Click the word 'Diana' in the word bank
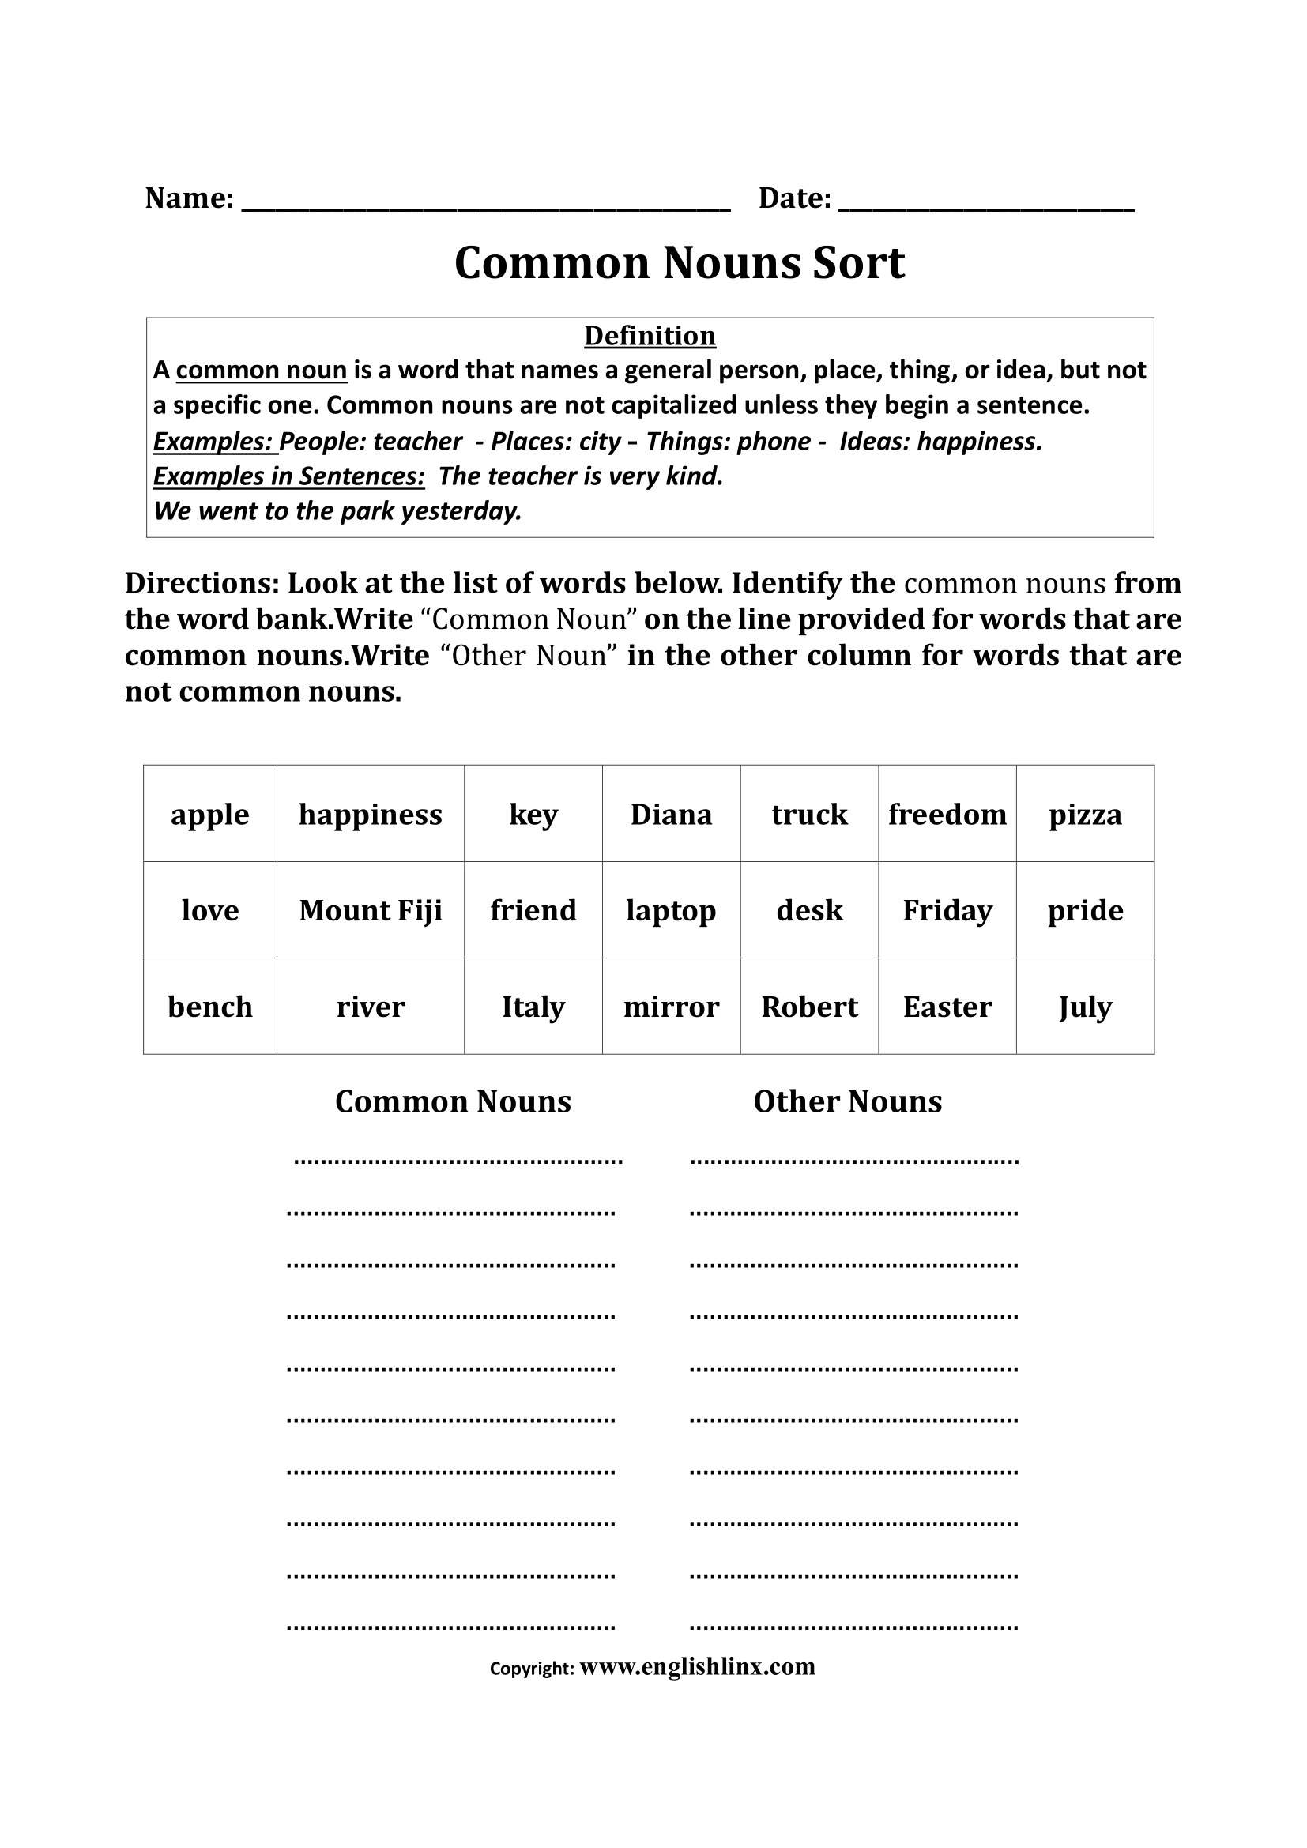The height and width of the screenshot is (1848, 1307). pyautogui.click(x=671, y=814)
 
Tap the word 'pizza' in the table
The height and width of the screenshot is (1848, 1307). pyautogui.click(x=1085, y=814)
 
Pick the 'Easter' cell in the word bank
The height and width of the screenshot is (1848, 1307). pyautogui.click(x=947, y=1006)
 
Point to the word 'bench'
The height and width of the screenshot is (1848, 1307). pyautogui.click(x=210, y=1006)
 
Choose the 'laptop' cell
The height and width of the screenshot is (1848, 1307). pyautogui.click(x=671, y=910)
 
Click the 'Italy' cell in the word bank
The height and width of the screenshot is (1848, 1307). pyautogui.click(x=533, y=1006)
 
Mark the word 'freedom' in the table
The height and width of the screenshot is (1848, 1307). pyautogui.click(x=947, y=814)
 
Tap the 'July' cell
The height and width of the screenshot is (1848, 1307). pyautogui.click(x=1085, y=1006)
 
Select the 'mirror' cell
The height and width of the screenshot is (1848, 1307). pyautogui.click(x=671, y=1006)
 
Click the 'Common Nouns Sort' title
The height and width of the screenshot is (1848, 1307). pyautogui.click(x=680, y=262)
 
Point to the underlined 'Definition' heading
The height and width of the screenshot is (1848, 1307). pyautogui.click(x=650, y=336)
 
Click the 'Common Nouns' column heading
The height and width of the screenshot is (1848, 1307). pyautogui.click(x=453, y=1101)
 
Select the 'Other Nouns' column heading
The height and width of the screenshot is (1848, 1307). pyautogui.click(x=847, y=1101)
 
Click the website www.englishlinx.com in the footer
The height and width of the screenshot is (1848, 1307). pyautogui.click(x=697, y=1666)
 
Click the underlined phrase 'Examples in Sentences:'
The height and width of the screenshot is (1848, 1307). pyautogui.click(x=289, y=476)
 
